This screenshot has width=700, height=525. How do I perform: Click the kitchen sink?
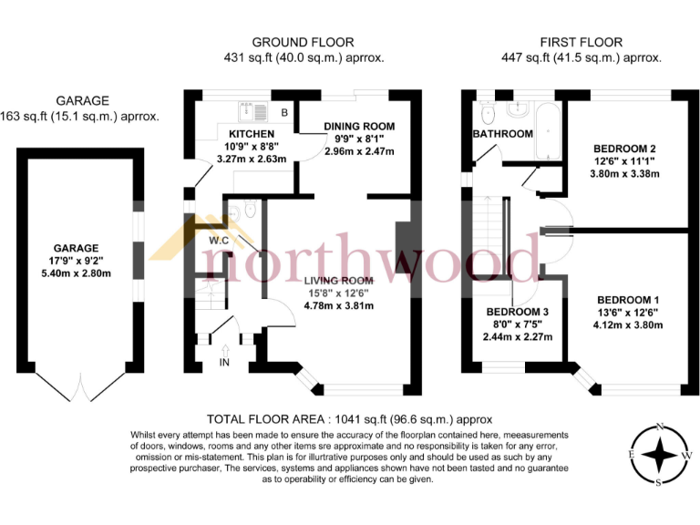[x=251, y=111]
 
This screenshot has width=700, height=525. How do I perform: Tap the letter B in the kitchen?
[x=284, y=113]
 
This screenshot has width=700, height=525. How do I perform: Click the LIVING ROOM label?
[x=338, y=280]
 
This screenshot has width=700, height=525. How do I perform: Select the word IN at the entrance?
[x=225, y=364]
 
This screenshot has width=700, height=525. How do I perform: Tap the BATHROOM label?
[x=502, y=134]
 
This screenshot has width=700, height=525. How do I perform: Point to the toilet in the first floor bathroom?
[x=487, y=113]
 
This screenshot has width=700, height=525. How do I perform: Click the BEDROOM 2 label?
[x=624, y=149]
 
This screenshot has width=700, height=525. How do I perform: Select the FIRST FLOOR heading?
[x=581, y=42]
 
